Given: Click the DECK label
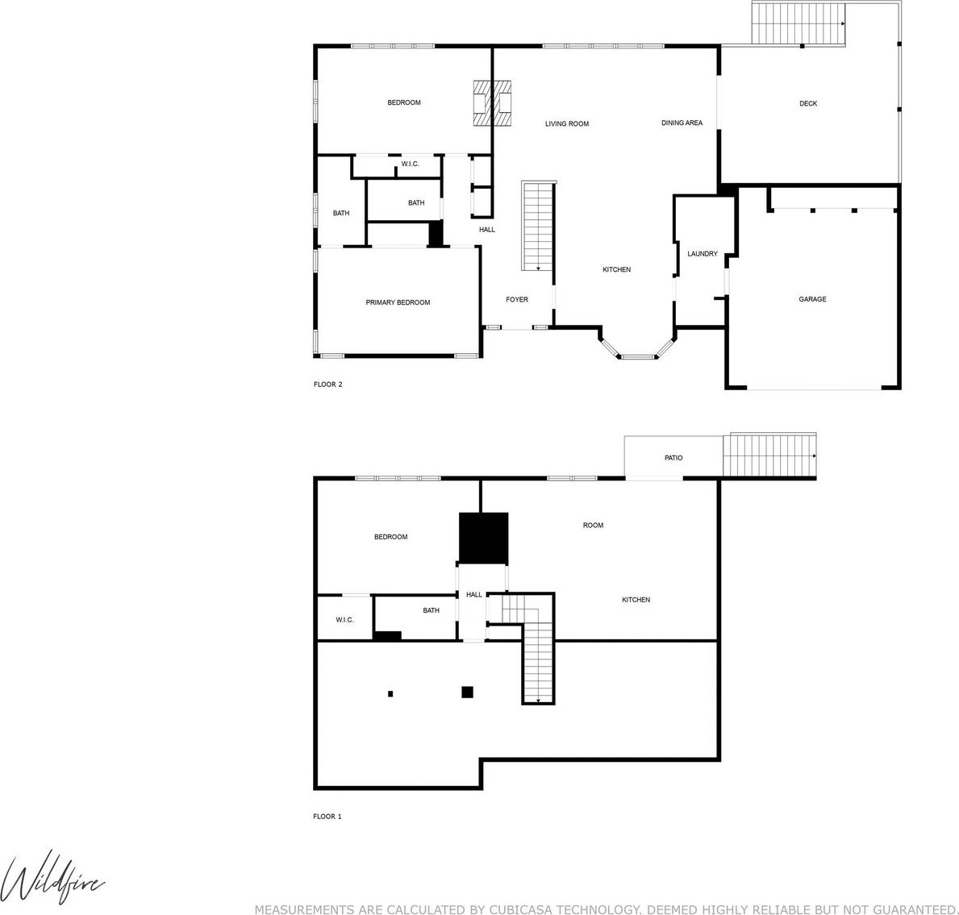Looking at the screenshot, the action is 808,103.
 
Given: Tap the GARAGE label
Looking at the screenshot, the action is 812,299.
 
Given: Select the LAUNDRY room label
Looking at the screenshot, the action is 703,254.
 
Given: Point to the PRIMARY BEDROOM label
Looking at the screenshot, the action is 398,302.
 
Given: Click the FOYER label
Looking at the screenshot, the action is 517,300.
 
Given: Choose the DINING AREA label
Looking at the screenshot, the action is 682,123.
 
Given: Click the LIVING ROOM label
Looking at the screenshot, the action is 567,123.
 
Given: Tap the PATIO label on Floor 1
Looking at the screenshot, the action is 673,458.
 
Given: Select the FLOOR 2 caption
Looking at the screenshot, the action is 327,385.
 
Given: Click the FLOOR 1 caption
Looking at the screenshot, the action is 327,817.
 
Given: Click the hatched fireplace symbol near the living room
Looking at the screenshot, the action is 492,103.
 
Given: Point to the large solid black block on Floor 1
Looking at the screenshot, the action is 483,538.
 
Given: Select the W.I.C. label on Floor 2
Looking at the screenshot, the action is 410,164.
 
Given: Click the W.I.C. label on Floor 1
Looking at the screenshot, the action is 344,620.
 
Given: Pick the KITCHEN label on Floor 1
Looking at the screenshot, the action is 636,600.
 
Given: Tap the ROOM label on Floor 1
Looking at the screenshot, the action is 593,525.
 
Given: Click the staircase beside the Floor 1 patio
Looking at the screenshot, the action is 769,455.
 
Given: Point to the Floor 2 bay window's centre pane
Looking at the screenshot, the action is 639,356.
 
